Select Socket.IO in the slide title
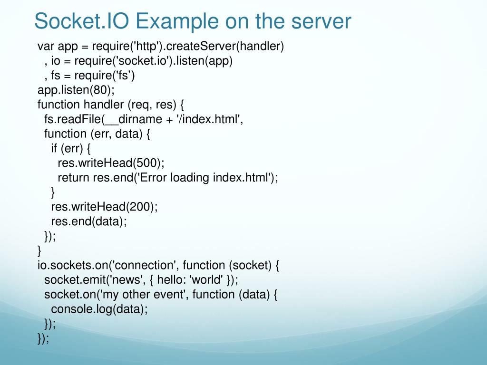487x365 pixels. coord(81,21)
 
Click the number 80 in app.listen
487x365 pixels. coord(101,90)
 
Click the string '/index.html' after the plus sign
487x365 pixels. coord(208,119)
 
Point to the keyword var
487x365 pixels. coord(46,46)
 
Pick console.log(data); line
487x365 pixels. coord(99,309)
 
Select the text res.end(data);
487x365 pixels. coord(89,221)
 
